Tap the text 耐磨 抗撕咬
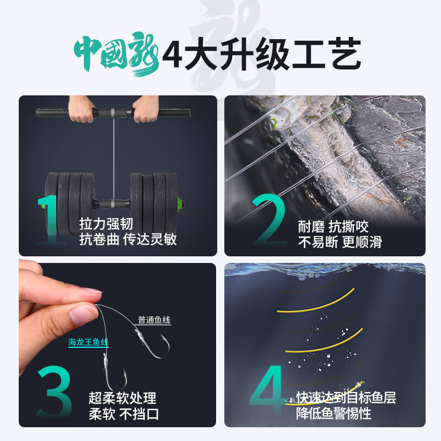333,227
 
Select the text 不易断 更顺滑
340,242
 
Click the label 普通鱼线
154,320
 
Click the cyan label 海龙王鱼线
88,343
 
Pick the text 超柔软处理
122,397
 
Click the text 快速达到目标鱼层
346,398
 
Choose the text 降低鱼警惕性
333,413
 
